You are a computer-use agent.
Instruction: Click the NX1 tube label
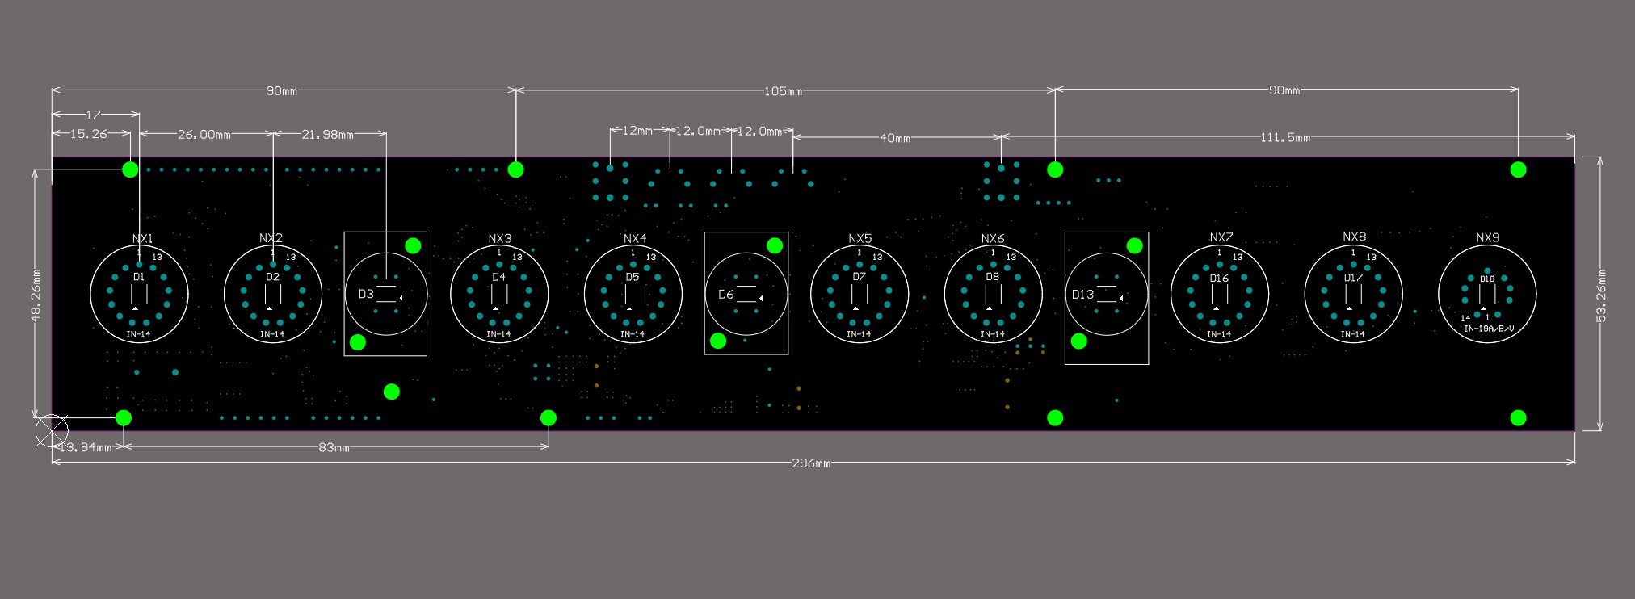pos(142,239)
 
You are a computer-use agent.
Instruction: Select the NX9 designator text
pos(1487,237)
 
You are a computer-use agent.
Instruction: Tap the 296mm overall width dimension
pos(811,463)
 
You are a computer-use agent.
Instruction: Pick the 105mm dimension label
pos(783,91)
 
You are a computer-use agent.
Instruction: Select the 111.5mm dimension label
pos(1284,137)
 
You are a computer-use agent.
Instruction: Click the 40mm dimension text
pos(895,138)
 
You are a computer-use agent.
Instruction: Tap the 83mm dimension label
pos(334,447)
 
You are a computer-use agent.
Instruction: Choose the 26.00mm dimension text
pos(204,134)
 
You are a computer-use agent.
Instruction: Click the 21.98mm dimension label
pos(327,134)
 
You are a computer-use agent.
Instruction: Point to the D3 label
pos(366,294)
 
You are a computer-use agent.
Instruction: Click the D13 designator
pos(1082,294)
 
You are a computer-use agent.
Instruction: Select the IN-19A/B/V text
pos(1489,329)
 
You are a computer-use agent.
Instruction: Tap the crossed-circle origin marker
pos(53,431)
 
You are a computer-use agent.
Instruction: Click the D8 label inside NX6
pos(992,277)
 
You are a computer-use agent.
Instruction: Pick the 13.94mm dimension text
pos(85,447)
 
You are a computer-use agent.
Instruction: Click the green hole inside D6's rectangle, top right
pos(774,245)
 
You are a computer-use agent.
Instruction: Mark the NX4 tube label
pos(635,238)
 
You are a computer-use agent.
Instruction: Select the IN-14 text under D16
pos(1218,334)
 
